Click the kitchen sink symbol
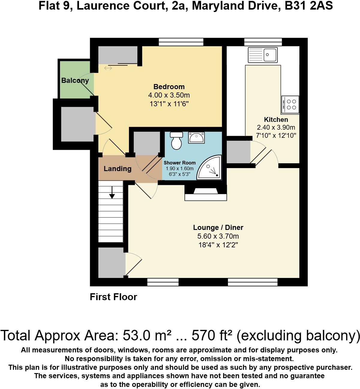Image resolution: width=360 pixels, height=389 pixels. (x=262, y=55)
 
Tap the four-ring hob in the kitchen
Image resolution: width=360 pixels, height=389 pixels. (x=290, y=104)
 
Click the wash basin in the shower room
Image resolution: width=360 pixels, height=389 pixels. (x=196, y=137)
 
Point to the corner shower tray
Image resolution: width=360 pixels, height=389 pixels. (x=210, y=168)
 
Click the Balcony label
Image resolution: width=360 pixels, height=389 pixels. (x=75, y=80)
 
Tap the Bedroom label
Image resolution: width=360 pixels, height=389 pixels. (x=169, y=87)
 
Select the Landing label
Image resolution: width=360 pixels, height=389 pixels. (x=117, y=169)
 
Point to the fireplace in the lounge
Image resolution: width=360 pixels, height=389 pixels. (x=205, y=193)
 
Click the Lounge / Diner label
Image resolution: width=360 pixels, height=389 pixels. (x=218, y=227)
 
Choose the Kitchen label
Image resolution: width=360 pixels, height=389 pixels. (x=276, y=119)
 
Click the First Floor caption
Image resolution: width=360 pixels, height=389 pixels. (x=113, y=297)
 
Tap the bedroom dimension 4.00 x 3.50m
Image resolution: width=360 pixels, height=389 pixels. (x=169, y=95)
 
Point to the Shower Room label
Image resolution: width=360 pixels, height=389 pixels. (x=179, y=163)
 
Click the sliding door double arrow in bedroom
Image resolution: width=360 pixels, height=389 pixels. (x=108, y=68)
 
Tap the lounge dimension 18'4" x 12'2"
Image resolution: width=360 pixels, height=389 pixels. (x=218, y=245)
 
